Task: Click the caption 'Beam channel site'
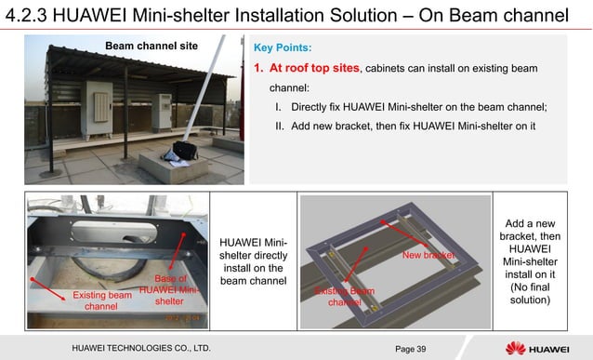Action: coord(151,46)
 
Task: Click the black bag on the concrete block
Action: coord(182,150)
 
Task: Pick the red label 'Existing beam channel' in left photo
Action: coord(101,300)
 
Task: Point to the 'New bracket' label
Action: coord(427,254)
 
